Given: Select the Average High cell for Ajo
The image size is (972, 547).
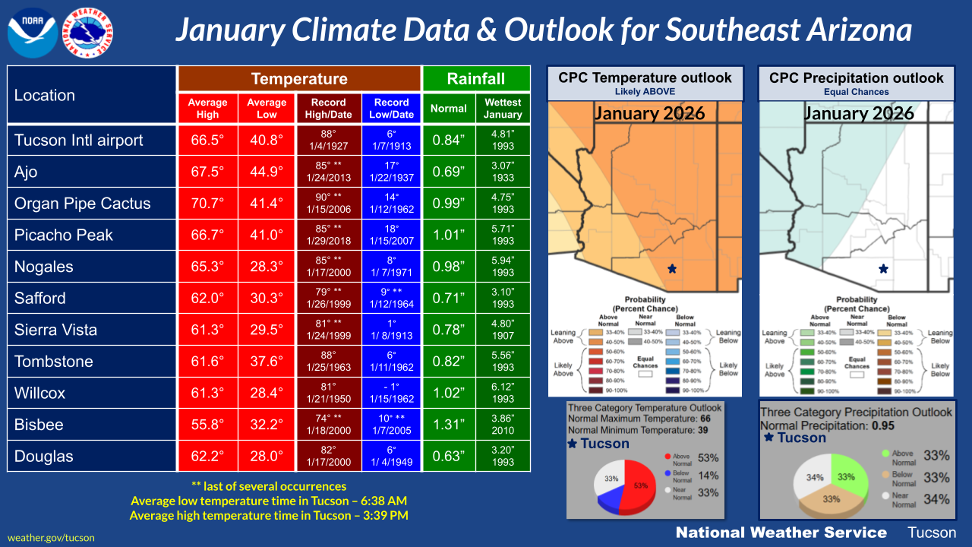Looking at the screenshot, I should tap(207, 172).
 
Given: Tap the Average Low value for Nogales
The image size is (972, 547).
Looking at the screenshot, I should tap(267, 267).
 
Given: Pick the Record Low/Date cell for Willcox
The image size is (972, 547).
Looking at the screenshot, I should tap(392, 393).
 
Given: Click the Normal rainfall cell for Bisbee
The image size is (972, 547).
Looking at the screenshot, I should tap(448, 425).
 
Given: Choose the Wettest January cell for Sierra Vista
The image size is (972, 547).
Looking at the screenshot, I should tap(502, 330).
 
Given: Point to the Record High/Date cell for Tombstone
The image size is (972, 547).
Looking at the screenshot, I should tap(328, 362).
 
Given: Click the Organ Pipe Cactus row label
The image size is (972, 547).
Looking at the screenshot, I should tap(82, 204).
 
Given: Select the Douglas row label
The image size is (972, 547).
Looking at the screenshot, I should tap(44, 457).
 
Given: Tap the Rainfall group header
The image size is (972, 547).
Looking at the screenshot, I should tap(475, 79).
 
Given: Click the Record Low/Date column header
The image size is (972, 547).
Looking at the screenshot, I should tap(392, 108).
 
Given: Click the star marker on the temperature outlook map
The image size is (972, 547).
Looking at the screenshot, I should tap(671, 268).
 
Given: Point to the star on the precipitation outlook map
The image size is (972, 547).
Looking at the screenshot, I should tap(882, 268).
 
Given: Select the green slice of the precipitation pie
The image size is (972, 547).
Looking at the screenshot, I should tap(846, 475).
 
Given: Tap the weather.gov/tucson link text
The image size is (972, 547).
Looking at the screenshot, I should tap(51, 537).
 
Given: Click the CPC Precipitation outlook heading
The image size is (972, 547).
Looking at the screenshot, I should tap(856, 77).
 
